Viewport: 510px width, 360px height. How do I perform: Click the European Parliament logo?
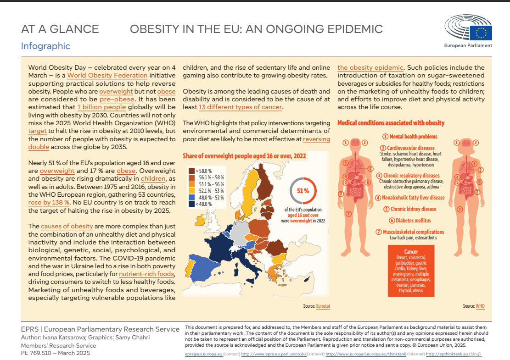(468, 31)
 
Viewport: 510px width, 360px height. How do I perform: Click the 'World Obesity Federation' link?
(107, 75)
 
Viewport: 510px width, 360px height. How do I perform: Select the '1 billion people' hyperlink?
(101, 107)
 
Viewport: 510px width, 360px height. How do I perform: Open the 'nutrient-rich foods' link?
(147, 274)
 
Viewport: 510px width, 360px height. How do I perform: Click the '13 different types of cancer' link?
(241, 107)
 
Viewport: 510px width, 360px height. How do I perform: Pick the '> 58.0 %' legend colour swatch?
(191, 171)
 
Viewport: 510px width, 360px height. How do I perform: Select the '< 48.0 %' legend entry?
(200, 204)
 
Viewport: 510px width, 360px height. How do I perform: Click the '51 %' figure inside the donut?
(303, 191)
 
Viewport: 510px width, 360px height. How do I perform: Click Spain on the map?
(203, 267)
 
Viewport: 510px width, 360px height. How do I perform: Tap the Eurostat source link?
(323, 306)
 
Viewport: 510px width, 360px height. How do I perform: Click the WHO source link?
(480, 306)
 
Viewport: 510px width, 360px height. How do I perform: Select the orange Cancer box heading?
(411, 251)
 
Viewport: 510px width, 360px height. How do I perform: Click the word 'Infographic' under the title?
(45, 46)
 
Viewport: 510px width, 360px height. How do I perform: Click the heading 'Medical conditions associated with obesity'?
(391, 123)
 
